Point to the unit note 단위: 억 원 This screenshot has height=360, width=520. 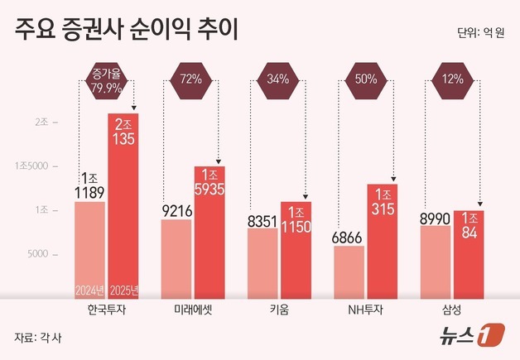[480, 34]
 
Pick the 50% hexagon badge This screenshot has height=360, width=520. [366, 80]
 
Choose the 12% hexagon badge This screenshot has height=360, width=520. [452, 80]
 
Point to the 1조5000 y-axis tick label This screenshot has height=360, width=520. [32, 166]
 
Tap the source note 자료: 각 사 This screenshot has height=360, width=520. [38, 338]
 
